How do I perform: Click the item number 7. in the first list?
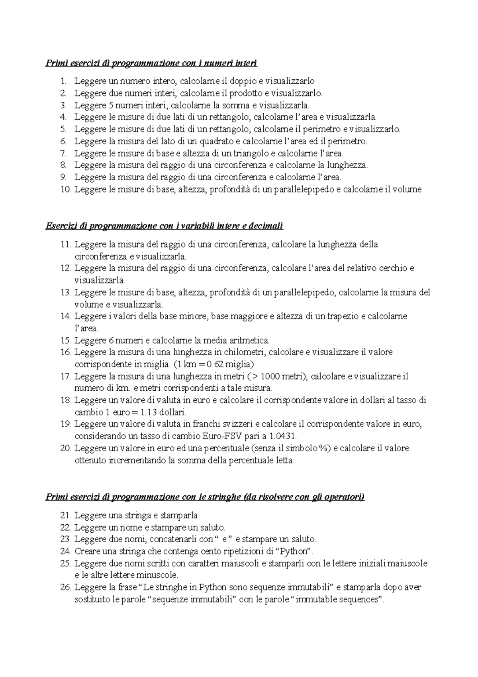[64, 153]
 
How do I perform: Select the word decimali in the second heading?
[265, 226]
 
